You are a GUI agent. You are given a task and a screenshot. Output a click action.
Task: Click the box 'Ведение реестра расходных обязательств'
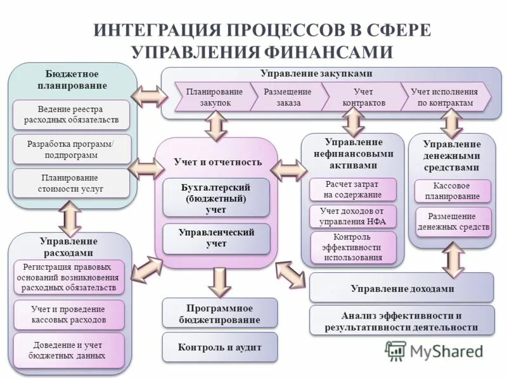point(71,115)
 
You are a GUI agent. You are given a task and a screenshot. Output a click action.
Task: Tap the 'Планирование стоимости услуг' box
point(71,183)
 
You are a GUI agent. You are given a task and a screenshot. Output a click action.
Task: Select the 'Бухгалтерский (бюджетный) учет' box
point(215,198)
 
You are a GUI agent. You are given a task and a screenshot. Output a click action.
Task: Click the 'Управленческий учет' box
point(215,238)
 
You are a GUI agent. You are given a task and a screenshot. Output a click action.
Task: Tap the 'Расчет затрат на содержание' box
point(352,189)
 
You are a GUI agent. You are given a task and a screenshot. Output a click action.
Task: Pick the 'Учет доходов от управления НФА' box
point(352,216)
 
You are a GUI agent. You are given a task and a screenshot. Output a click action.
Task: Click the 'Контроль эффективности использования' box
point(352,247)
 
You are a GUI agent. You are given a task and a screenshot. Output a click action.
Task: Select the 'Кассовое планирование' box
point(452,191)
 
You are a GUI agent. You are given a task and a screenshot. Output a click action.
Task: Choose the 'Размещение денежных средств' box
point(452,222)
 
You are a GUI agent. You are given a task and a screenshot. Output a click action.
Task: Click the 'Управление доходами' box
point(402,288)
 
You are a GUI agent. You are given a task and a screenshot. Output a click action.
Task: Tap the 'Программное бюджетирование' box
point(220,314)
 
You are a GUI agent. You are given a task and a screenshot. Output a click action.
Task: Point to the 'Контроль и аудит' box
point(220,347)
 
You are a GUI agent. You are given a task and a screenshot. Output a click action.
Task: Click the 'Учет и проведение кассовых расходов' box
point(68,315)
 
